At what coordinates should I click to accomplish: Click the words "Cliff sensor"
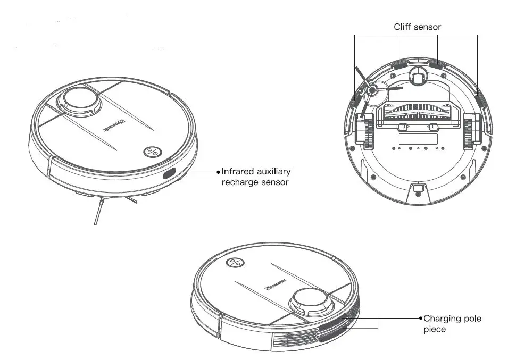(417, 27)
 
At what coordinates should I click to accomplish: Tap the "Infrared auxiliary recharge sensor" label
(256, 177)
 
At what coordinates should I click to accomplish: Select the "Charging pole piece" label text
(452, 324)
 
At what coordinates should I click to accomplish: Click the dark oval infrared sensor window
(169, 173)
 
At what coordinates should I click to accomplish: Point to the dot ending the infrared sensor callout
(218, 172)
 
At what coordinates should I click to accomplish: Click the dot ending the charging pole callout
(420, 318)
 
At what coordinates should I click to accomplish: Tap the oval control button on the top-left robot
(152, 152)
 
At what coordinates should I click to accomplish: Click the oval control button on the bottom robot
(235, 263)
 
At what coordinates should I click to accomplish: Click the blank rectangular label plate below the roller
(418, 139)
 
